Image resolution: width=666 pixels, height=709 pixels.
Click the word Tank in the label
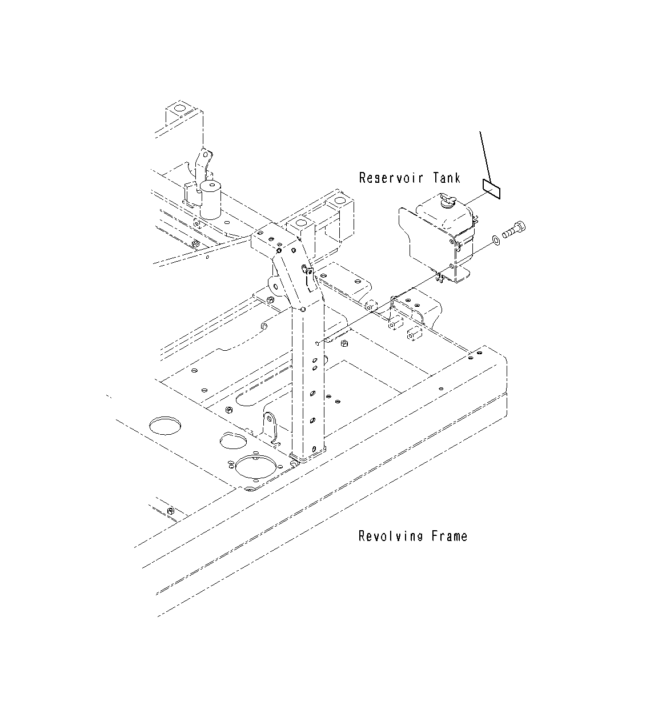[x=446, y=178]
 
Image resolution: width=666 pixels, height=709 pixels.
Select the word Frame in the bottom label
[x=450, y=536]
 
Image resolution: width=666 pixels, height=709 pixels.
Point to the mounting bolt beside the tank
[x=513, y=230]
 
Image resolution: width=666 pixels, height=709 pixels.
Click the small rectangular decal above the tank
[x=491, y=189]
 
